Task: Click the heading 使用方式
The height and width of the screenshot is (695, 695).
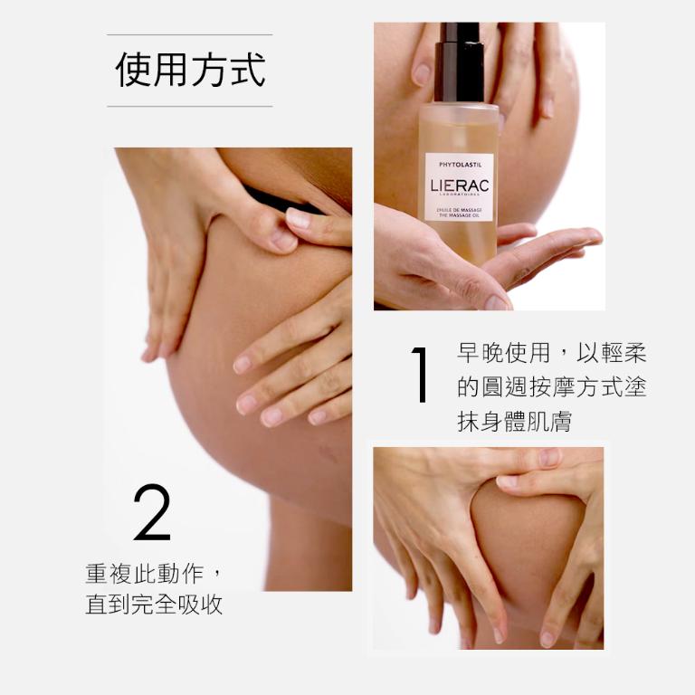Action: click(x=190, y=71)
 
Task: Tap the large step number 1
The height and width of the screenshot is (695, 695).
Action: click(x=419, y=374)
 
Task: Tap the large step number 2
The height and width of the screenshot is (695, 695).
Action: click(x=151, y=512)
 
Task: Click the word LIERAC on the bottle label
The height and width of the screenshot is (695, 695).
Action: click(x=459, y=186)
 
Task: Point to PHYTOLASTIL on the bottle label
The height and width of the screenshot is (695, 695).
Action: click(x=459, y=166)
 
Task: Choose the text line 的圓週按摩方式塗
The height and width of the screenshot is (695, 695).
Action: click(x=552, y=387)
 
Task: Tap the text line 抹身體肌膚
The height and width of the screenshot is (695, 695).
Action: click(x=514, y=422)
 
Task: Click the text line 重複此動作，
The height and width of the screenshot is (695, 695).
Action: click(x=154, y=574)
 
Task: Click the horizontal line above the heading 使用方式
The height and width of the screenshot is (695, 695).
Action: click(x=190, y=35)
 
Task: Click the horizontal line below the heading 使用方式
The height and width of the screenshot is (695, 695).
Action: click(x=190, y=107)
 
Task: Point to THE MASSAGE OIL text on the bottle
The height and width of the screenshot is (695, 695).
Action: click(x=459, y=215)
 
